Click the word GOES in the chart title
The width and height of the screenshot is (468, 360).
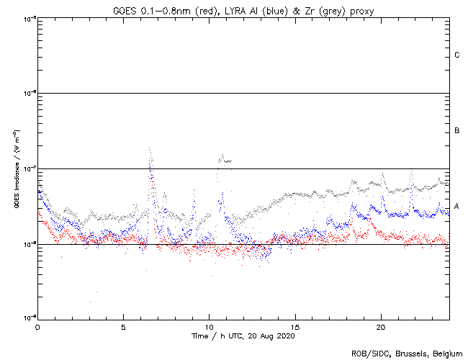coord(125,10)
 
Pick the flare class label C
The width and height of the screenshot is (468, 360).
coord(456,55)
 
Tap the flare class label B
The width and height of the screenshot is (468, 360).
coord(456,131)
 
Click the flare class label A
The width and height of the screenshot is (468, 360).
coord(456,207)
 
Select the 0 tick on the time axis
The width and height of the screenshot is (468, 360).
coord(37,326)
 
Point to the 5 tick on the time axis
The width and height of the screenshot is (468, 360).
coord(123,326)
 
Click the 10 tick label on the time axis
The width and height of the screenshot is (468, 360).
coord(209,326)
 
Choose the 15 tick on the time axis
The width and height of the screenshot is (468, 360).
coord(294,326)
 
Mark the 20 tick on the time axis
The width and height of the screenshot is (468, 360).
coord(380,326)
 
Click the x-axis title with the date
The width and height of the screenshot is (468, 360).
coord(243,336)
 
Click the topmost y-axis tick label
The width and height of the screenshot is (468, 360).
coord(29,18)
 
